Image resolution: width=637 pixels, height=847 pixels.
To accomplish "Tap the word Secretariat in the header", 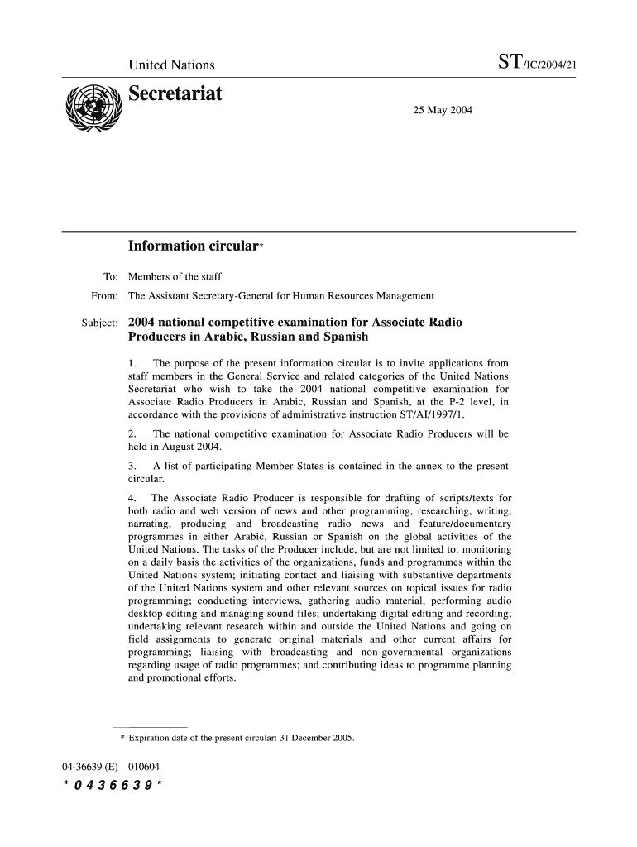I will point(175,94).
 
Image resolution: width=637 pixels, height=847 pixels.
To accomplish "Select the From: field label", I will point(104,295).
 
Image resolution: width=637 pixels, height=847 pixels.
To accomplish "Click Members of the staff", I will point(175,276).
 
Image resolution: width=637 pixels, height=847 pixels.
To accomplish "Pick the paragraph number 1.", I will point(133,363).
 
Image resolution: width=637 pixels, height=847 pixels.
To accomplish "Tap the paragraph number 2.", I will point(133,433).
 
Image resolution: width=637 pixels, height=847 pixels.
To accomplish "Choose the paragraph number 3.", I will point(133,466).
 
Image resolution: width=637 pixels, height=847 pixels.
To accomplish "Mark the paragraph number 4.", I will point(133,498).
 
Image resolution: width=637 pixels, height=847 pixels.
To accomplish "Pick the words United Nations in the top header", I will point(171,65).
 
